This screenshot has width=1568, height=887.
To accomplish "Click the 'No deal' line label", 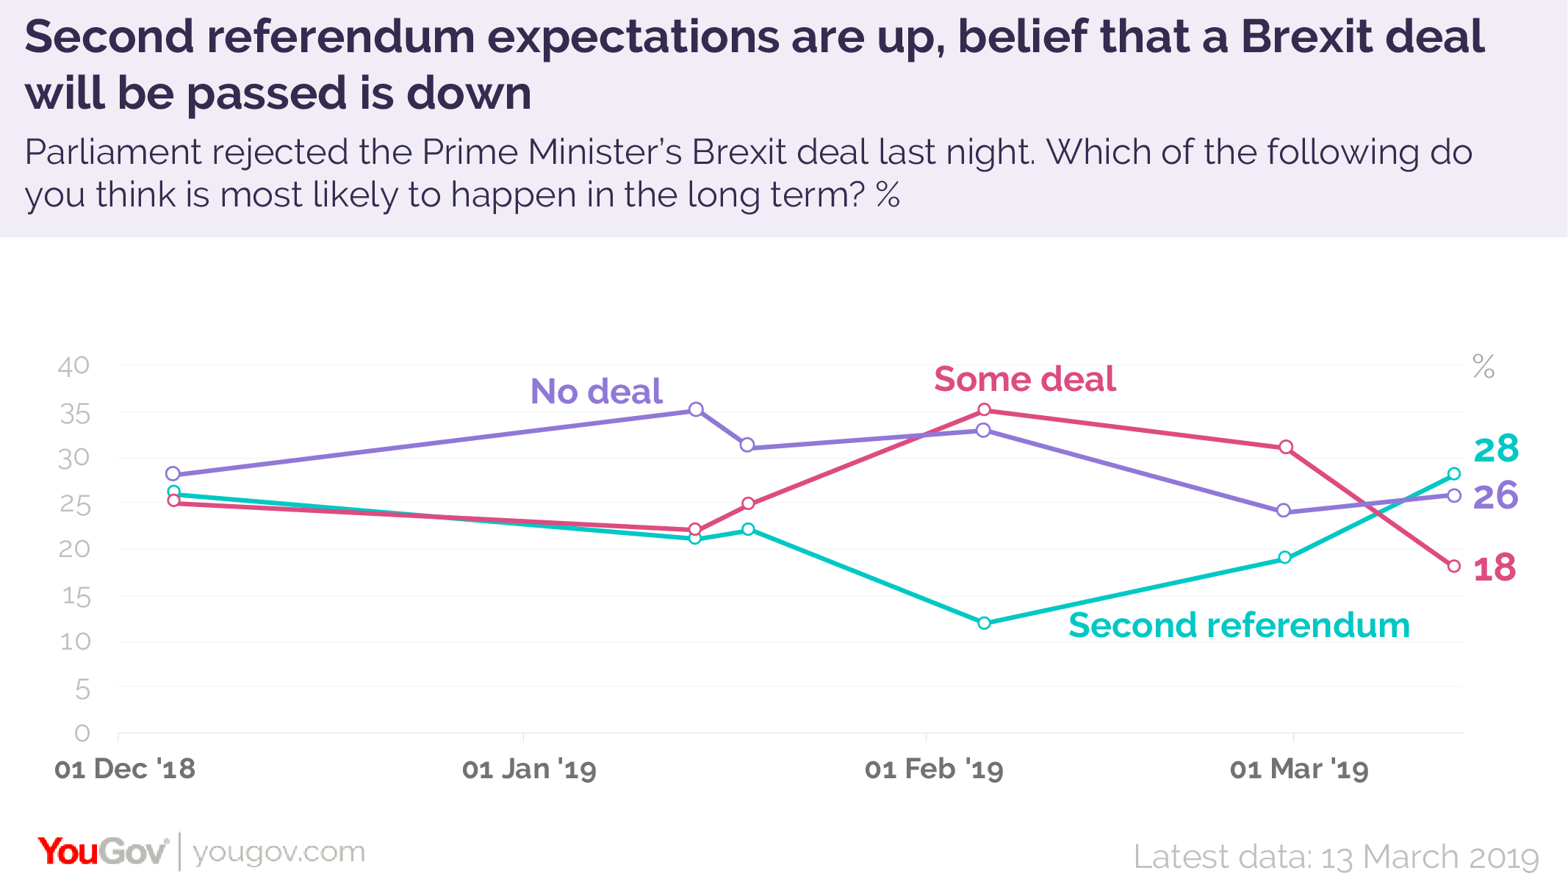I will point(596,391).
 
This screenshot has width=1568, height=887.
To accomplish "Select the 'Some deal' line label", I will point(1024,379).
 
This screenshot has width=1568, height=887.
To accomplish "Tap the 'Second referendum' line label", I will point(1239,625).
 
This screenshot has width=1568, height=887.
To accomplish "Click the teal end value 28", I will point(1496,448).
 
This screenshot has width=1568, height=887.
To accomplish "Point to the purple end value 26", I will point(1495,495).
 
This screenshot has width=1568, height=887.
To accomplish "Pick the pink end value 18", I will point(1495,567).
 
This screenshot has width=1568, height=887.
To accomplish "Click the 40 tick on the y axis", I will point(73,365).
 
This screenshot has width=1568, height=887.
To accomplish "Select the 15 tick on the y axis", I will point(76,596).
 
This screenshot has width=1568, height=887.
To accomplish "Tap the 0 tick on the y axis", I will point(82,733).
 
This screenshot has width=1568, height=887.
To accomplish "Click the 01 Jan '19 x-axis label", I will point(529,769).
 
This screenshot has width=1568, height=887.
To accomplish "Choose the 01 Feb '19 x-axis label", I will point(933,769).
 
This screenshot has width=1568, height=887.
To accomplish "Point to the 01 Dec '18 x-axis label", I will point(125,769).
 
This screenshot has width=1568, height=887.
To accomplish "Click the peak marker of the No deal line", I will point(696,409).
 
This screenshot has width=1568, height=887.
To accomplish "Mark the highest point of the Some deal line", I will point(984,409).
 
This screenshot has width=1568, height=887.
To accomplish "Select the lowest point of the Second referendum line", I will point(984,623).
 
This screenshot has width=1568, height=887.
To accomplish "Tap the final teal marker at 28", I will point(1453,473).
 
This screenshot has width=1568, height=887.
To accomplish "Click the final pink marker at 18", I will point(1453,566).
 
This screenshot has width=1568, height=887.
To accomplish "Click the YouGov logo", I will point(103,852).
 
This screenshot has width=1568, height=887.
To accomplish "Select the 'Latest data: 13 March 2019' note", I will point(1335,857).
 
